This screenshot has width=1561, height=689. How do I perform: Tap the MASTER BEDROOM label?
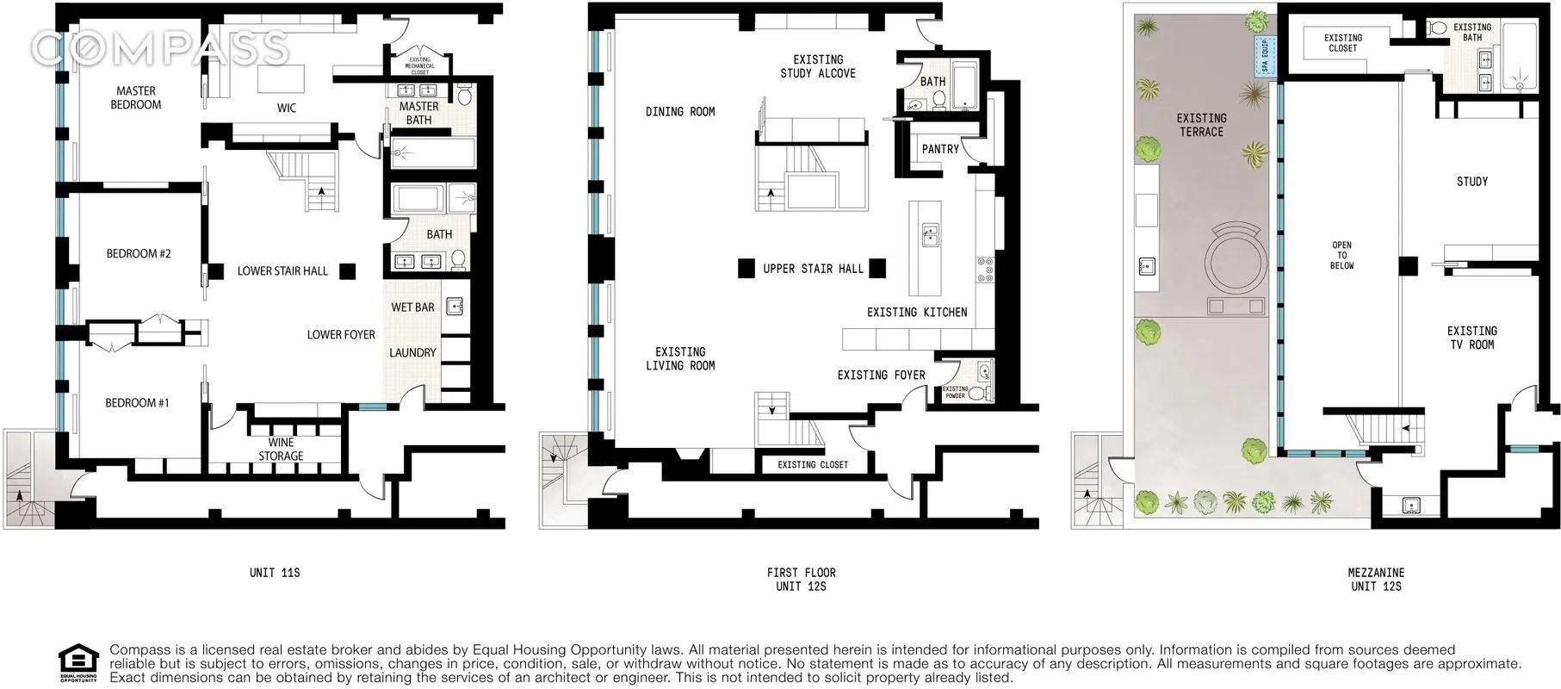pyautogui.click(x=136, y=97)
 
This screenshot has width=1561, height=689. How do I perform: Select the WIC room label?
pyautogui.click(x=287, y=108)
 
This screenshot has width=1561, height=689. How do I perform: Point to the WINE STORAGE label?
pyautogui.click(x=281, y=450)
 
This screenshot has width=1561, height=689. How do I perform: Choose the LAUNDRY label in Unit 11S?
pyautogui.click(x=412, y=352)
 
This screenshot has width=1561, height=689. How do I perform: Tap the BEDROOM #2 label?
pyautogui.click(x=139, y=253)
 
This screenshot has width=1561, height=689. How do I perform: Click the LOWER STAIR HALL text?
pyautogui.click(x=282, y=270)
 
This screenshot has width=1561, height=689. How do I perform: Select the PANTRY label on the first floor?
pyautogui.click(x=940, y=149)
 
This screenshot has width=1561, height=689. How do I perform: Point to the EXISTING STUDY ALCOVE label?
pyautogui.click(x=818, y=66)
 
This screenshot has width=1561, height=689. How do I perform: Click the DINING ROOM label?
pyautogui.click(x=680, y=111)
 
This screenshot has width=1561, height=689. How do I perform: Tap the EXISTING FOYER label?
pyautogui.click(x=881, y=375)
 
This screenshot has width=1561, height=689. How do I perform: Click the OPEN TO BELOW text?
pyautogui.click(x=1341, y=255)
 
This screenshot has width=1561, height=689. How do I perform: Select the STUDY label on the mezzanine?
pyautogui.click(x=1472, y=181)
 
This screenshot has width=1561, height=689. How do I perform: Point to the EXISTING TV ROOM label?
pyautogui.click(x=1471, y=338)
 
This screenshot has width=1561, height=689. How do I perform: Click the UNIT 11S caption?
pyautogui.click(x=275, y=572)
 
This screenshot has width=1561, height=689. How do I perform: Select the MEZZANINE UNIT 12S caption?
pyautogui.click(x=1376, y=579)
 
